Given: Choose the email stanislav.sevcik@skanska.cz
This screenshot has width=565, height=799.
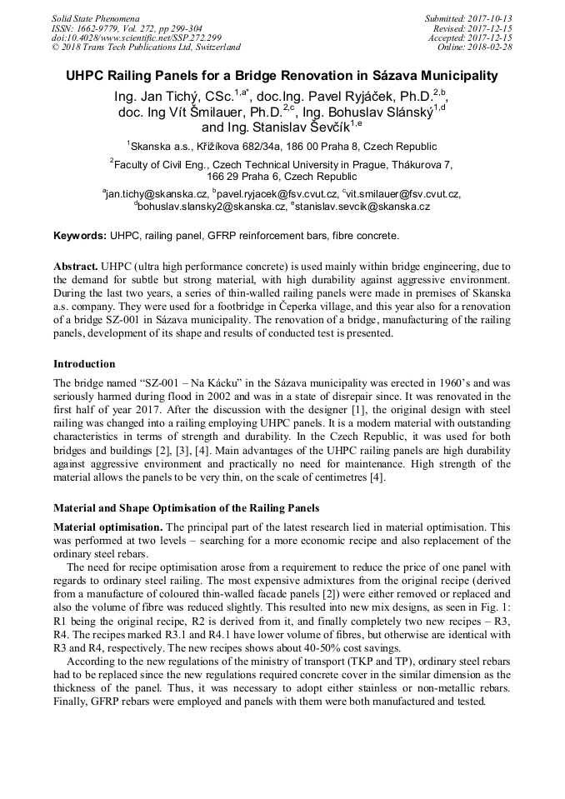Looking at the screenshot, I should coord(362,206).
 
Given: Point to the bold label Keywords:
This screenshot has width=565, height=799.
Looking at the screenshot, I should coord(79,236).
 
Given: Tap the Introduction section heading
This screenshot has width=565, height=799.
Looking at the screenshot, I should coord(84,363).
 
